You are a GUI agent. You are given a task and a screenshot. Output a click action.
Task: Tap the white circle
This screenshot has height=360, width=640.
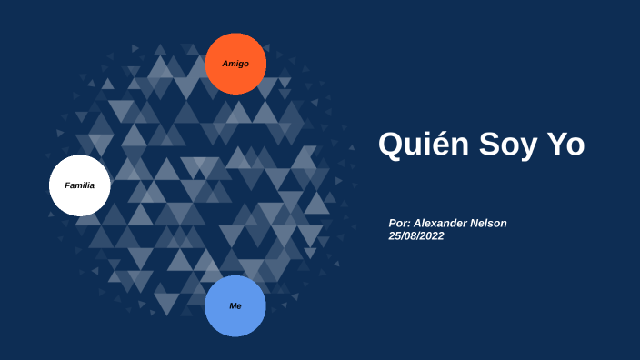(x=79, y=185)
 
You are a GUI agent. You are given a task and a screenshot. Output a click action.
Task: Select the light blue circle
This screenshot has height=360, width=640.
(x=235, y=306)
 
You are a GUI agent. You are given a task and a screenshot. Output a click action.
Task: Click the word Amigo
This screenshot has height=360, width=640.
(x=235, y=64)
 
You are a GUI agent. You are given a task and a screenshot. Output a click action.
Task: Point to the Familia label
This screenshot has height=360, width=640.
(x=79, y=185)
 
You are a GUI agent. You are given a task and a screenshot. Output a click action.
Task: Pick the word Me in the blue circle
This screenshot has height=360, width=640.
(x=235, y=306)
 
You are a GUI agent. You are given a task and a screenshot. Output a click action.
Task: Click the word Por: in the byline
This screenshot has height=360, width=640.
(x=399, y=224)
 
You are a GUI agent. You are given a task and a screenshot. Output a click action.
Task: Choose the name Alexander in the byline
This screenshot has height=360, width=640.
(x=443, y=224)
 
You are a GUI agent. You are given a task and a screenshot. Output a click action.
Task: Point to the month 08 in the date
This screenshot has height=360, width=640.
(x=411, y=235)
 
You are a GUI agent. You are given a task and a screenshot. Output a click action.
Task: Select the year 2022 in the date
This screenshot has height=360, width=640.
(x=433, y=235)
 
